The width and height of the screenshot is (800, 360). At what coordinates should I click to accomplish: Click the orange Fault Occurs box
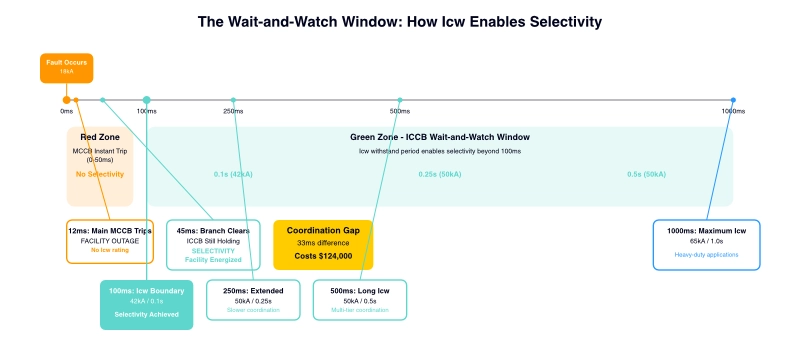click(67, 67)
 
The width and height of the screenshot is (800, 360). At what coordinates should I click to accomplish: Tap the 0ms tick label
click(67, 111)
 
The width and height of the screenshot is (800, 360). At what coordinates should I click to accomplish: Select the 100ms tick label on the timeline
click(147, 111)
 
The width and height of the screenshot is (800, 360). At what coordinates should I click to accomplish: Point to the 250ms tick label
click(233, 111)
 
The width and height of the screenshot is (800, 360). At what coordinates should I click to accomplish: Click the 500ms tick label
click(400, 111)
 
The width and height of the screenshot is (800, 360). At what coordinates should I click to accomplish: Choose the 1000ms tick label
click(733, 111)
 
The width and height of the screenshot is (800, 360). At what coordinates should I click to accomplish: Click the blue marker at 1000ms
click(733, 100)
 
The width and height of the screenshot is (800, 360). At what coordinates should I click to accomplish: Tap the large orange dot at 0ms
click(67, 100)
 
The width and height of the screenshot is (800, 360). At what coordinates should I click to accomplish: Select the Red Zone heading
click(100, 137)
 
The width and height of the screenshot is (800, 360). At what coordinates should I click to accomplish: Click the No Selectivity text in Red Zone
click(100, 174)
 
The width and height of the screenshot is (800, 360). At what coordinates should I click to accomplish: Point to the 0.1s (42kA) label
click(233, 174)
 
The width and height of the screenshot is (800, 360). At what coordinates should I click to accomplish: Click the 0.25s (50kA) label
click(440, 174)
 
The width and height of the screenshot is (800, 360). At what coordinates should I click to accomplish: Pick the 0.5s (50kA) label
click(646, 174)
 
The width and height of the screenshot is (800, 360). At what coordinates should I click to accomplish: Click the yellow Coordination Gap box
click(323, 245)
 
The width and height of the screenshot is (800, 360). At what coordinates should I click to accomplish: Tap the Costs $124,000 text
click(323, 257)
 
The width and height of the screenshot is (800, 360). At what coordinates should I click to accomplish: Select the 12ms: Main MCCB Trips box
click(110, 241)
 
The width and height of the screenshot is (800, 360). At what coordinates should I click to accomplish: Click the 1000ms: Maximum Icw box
click(706, 245)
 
